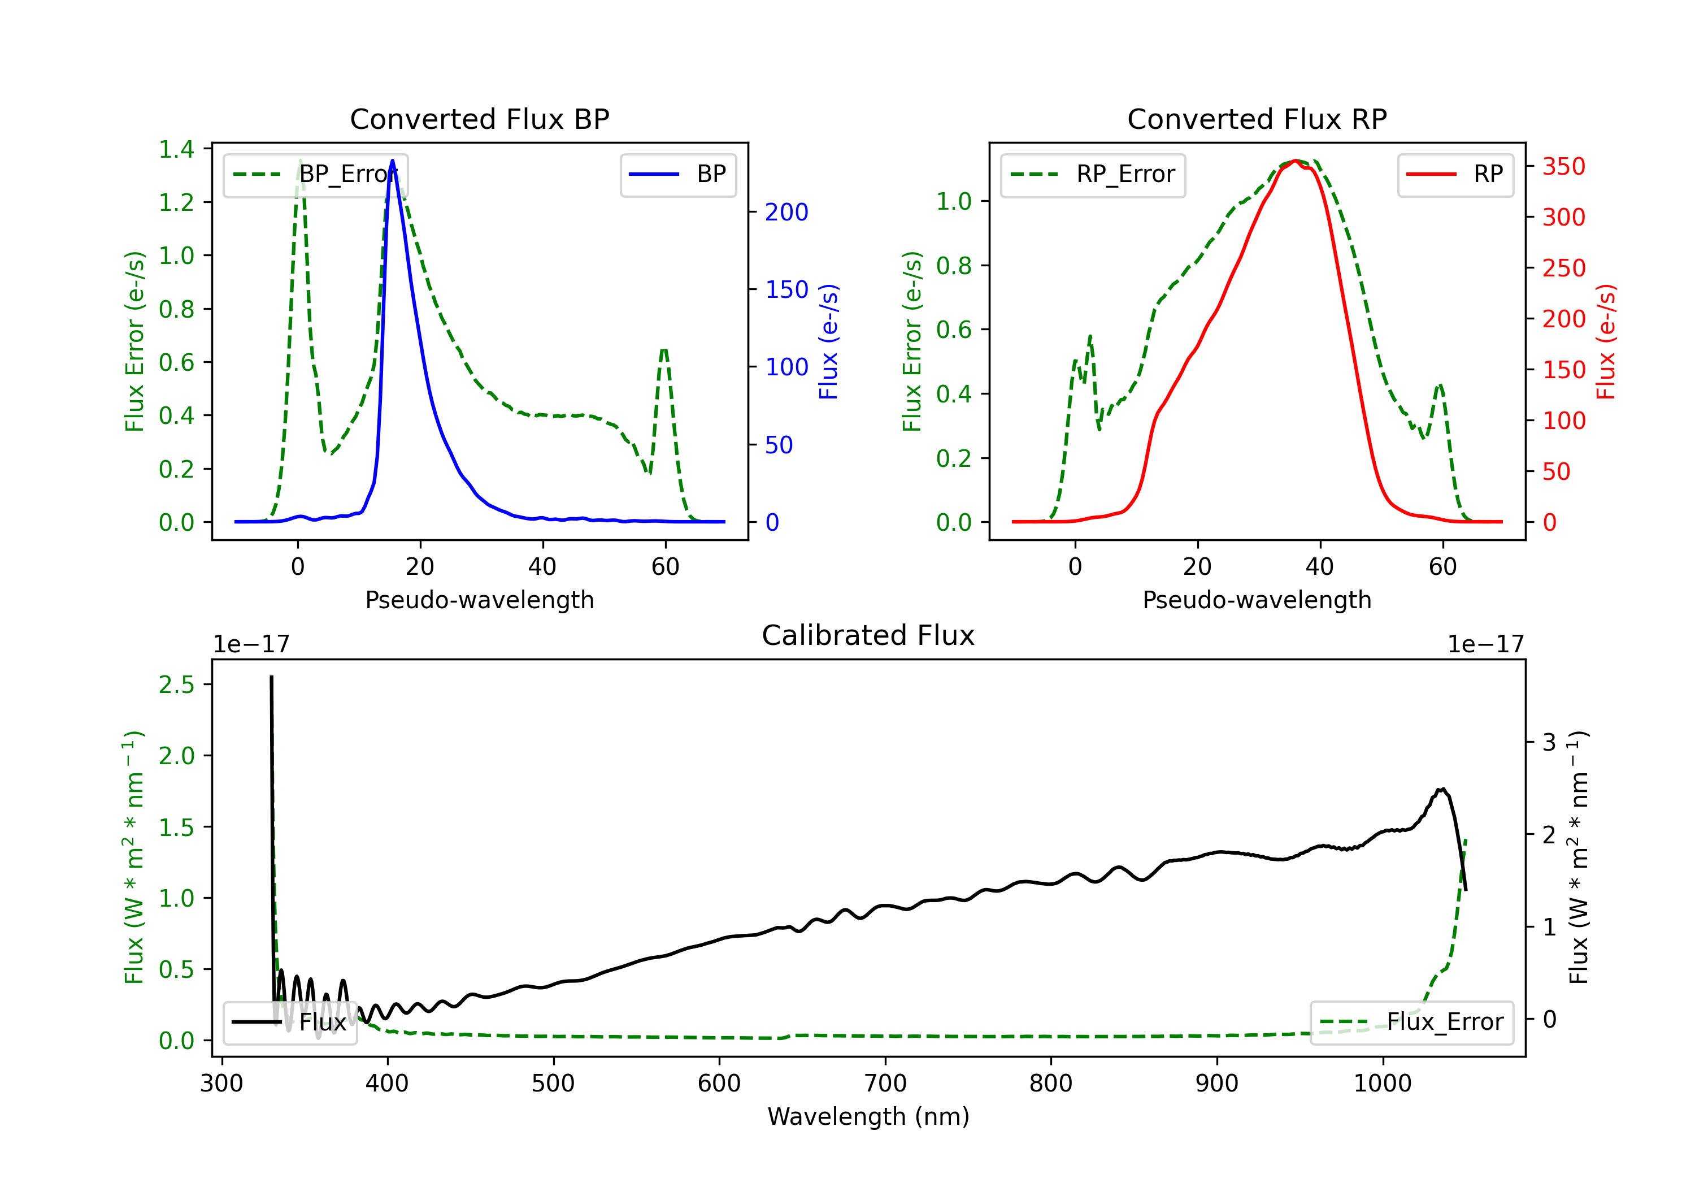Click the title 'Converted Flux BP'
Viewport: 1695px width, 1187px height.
pos(479,119)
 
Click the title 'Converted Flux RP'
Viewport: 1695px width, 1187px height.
pos(1257,119)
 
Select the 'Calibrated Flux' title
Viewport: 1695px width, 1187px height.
pos(868,635)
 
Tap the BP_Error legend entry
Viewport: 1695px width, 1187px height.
pos(315,174)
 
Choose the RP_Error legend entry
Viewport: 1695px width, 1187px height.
pos(1093,174)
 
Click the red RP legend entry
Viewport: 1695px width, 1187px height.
pos(1455,174)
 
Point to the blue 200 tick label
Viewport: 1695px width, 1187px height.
pos(786,212)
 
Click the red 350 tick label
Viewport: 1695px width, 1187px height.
pos(1563,166)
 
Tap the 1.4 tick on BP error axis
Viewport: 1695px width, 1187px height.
pos(176,149)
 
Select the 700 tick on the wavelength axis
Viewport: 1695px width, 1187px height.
pos(885,1083)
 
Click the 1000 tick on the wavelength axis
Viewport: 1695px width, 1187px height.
pos(1383,1083)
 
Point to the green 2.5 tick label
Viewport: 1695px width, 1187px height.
pos(176,685)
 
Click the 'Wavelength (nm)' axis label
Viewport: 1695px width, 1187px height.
pos(868,1116)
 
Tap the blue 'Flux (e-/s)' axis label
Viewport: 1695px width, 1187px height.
pos(828,341)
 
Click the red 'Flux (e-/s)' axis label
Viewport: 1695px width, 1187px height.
pos(1606,341)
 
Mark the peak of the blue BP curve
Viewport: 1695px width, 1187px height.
pos(392,161)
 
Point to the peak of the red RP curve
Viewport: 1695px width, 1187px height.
pos(1296,161)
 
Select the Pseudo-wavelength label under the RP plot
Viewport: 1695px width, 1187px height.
pos(1257,600)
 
